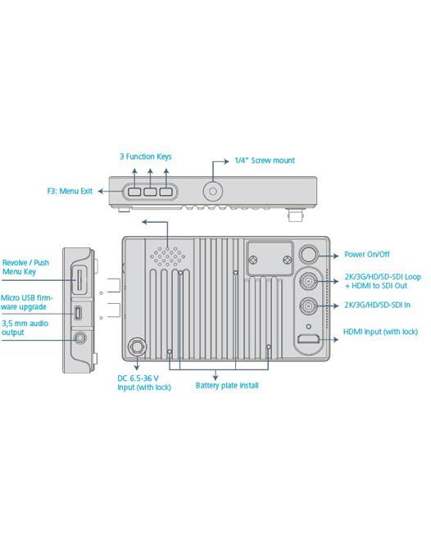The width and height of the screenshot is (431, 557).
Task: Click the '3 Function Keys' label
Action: [x=146, y=156]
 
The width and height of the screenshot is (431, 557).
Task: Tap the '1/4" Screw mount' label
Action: [x=265, y=161]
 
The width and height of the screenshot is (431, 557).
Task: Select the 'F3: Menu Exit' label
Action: [x=70, y=191]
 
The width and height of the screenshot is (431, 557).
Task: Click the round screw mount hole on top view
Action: [x=213, y=192]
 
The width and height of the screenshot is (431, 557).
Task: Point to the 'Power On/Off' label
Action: [x=367, y=255]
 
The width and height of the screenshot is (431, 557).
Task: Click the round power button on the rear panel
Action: [x=308, y=255]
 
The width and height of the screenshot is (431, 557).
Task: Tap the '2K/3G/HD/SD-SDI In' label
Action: [x=378, y=305]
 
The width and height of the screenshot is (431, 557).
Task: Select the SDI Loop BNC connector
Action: [x=308, y=281]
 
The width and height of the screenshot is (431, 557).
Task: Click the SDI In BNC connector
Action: [x=308, y=306]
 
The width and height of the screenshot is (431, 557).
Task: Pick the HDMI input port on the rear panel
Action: [x=308, y=339]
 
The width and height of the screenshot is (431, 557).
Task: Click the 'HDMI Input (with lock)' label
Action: [x=380, y=332]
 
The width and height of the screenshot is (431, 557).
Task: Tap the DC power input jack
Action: [x=137, y=346]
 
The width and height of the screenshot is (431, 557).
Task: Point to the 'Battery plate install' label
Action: [x=227, y=386]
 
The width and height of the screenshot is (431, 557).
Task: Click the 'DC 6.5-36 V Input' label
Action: [x=144, y=383]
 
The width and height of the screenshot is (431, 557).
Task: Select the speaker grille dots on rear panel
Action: [x=167, y=256]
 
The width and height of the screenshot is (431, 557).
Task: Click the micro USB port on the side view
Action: [x=78, y=313]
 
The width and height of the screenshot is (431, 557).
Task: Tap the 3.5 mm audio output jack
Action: [x=80, y=337]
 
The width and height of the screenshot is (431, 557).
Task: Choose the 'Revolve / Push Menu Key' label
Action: [x=25, y=267]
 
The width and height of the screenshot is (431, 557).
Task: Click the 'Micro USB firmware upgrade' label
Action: [x=26, y=302]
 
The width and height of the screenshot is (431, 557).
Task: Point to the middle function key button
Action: [x=150, y=192]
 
